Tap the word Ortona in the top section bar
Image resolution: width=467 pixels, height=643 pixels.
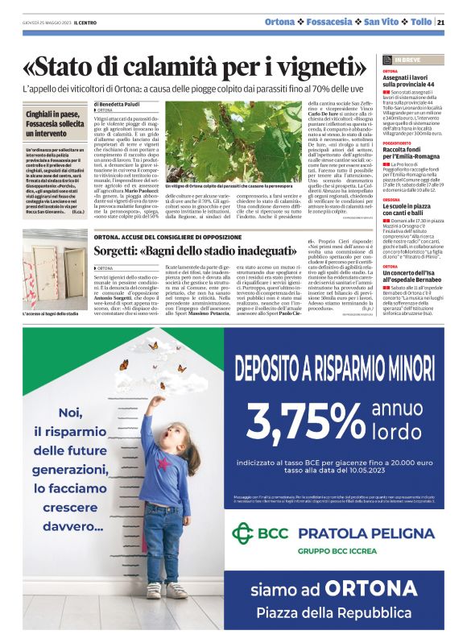coord(279,22)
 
